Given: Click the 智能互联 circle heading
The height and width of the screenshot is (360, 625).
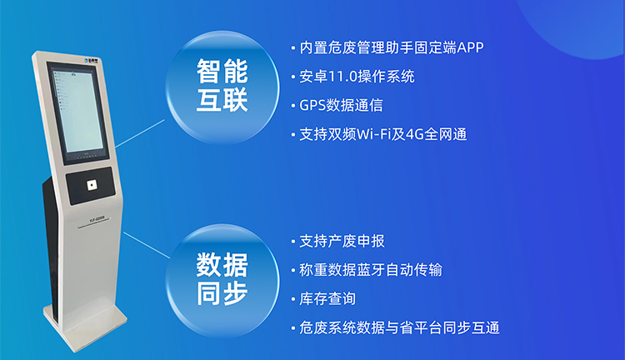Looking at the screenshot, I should tap(222, 86).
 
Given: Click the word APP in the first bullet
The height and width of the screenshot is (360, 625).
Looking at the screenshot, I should tap(470, 47).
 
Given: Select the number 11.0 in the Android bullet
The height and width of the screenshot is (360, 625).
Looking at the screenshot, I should tap(343, 77).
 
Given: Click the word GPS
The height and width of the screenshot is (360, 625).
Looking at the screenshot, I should tap(312, 105).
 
